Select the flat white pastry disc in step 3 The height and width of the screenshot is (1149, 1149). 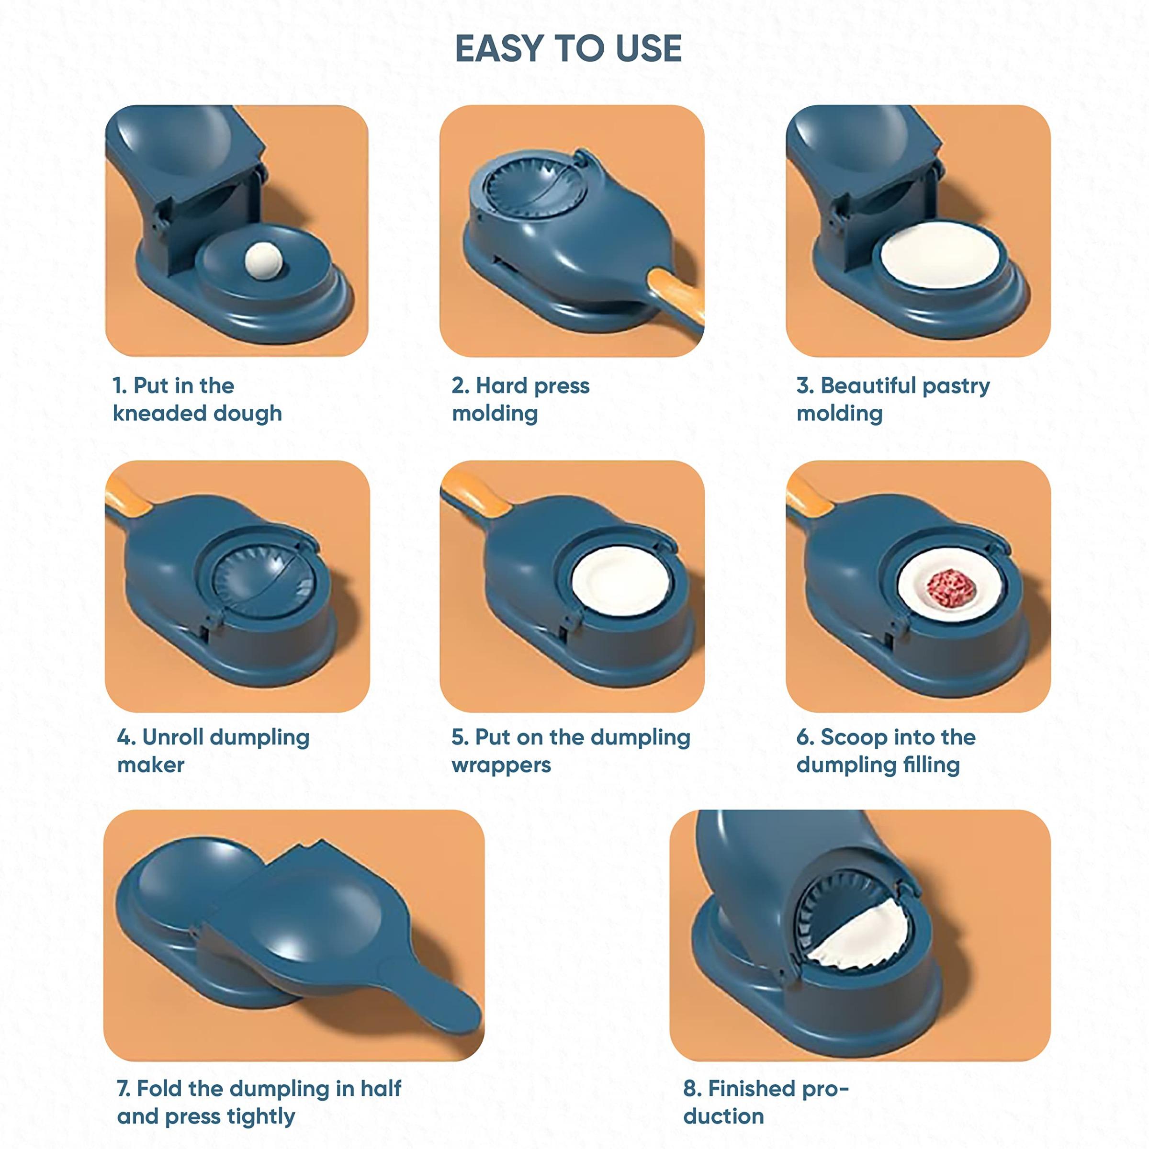coord(940,256)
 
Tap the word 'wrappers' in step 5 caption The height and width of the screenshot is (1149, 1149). coord(501,765)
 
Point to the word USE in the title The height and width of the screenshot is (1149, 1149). coord(648,48)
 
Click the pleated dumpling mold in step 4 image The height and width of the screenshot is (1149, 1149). coord(263,580)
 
